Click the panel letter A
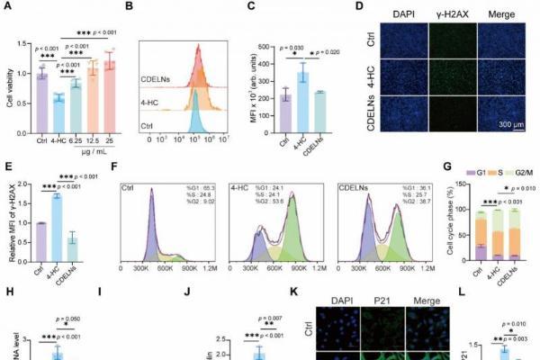coord(6,7)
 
